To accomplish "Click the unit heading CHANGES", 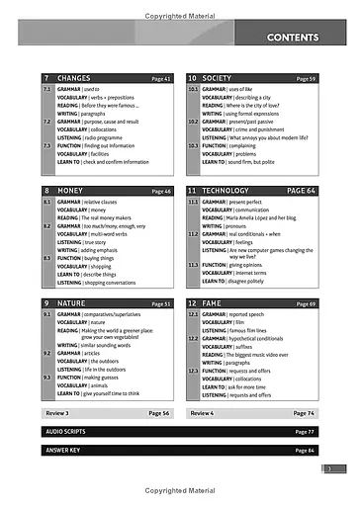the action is tap(74, 77).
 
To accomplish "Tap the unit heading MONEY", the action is tap(70, 190).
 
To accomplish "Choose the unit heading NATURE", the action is tap(72, 303).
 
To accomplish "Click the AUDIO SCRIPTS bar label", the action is tap(68, 432).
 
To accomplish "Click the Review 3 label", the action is tap(57, 413).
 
